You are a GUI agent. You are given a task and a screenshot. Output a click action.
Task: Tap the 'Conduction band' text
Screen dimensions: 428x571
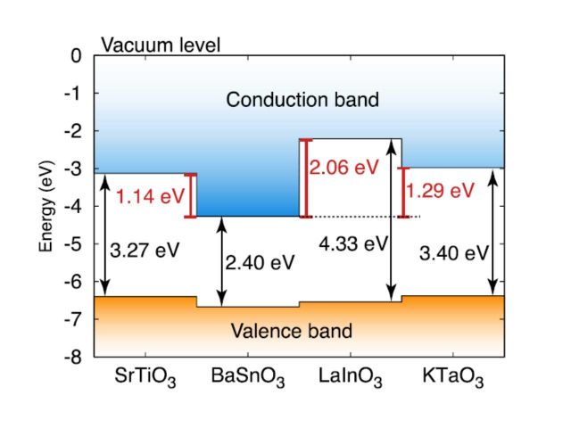tap(302, 99)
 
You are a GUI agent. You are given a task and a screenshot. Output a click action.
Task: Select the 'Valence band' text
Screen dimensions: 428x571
tap(291, 332)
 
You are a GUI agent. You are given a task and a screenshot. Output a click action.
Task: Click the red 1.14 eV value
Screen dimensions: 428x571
tap(150, 196)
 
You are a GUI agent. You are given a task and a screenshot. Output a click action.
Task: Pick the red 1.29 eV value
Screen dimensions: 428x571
tap(439, 191)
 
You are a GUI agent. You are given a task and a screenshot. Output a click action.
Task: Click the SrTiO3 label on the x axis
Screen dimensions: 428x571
tap(145, 378)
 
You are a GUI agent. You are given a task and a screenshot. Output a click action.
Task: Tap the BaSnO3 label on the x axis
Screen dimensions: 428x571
tap(248, 378)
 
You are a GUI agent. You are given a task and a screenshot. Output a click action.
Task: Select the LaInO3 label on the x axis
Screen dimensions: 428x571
tap(350, 378)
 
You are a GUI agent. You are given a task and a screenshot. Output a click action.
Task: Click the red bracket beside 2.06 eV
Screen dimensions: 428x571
tap(305, 178)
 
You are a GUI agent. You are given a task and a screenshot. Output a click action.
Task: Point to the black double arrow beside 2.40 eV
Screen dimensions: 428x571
tap(221, 261)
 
